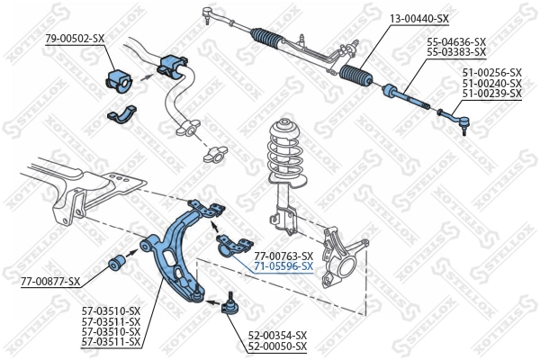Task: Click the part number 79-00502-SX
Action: (x=75, y=38)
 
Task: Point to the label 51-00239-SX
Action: (x=490, y=93)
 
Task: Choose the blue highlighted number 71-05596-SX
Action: (x=283, y=266)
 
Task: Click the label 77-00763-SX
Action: (x=283, y=256)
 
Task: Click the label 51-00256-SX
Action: (x=490, y=71)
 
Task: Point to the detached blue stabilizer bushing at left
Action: (x=119, y=78)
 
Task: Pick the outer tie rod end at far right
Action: (x=454, y=117)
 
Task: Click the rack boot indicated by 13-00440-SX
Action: (x=355, y=76)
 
